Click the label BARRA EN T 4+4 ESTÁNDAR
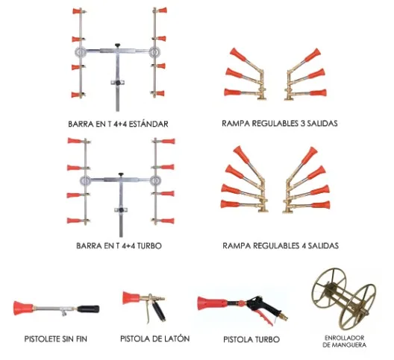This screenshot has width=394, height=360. pos(118,124)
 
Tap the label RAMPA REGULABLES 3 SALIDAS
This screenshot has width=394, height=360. pos(279,123)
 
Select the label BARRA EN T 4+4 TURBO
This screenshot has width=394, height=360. pos(119,245)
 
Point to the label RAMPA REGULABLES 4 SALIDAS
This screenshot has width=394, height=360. pos(281,245)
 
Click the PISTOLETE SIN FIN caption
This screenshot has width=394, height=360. pos(55,339)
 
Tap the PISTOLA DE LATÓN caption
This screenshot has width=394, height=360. pos(154,338)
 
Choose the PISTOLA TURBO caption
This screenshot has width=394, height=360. pos(251,339)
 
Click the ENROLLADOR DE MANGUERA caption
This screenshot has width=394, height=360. pos(344,341)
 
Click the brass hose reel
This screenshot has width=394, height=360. pos(344,299)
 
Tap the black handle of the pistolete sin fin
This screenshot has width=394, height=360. pos(88,309)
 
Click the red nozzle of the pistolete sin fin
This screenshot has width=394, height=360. pos(23,308)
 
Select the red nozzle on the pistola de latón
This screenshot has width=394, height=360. pos(131,297)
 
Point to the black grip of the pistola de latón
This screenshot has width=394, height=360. pos(159,312)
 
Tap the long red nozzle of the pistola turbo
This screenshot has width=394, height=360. pos(213,303)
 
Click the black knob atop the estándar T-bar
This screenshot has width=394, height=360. pos(118,45)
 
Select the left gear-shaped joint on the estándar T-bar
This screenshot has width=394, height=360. pos(80,51)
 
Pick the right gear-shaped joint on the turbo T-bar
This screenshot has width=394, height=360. pos(155,180)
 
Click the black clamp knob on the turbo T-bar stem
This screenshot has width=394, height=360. pos(122,210)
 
